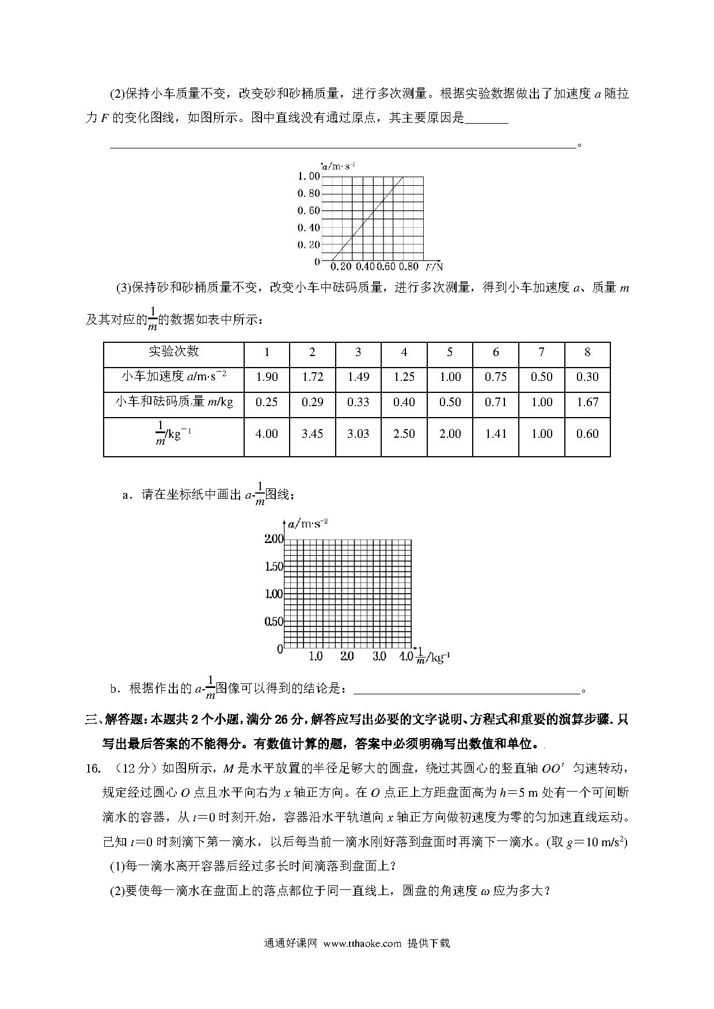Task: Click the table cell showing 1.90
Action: tap(267, 377)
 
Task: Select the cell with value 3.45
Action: tap(312, 434)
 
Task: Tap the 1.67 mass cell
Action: tap(587, 402)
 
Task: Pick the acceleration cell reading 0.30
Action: tap(587, 377)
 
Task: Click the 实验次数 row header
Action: tap(174, 351)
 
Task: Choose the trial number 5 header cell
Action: tap(450, 352)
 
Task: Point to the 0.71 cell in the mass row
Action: tap(496, 402)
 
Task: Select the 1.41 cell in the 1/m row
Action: tap(496, 434)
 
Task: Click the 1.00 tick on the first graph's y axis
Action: tap(308, 176)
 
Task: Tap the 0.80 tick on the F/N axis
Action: tap(408, 266)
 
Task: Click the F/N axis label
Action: tap(435, 266)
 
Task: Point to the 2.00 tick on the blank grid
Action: tap(274, 539)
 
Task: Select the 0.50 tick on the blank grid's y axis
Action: tap(274, 621)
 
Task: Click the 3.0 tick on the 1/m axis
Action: tap(379, 656)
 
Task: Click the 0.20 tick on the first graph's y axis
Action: tap(308, 244)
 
